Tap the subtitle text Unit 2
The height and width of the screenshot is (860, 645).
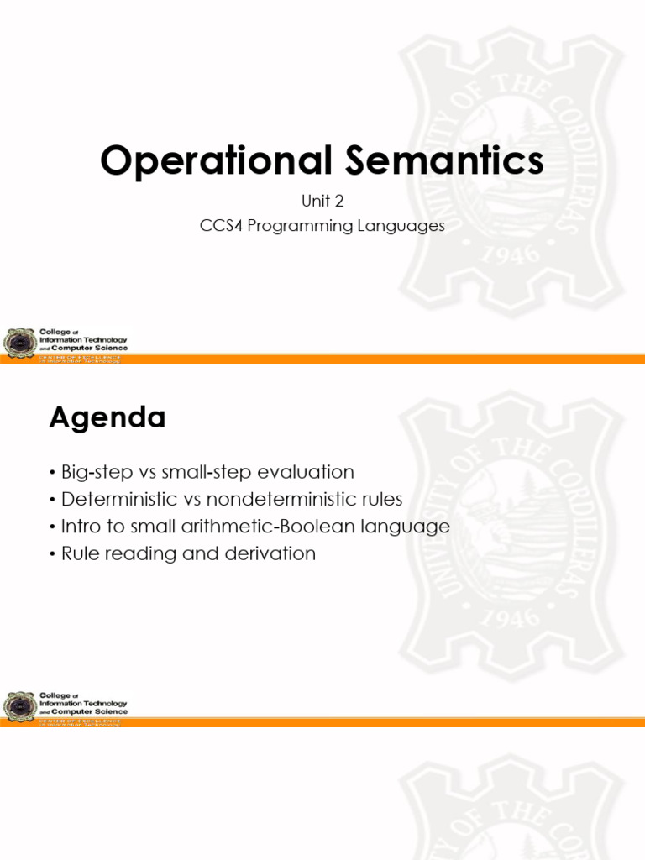click(x=322, y=202)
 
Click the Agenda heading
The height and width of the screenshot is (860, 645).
click(x=107, y=417)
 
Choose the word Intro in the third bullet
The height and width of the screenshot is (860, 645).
click(x=81, y=527)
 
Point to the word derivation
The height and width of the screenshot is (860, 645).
click(x=269, y=553)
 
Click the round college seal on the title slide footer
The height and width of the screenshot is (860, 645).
click(x=19, y=343)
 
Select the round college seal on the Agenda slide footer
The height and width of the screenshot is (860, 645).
click(x=19, y=705)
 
